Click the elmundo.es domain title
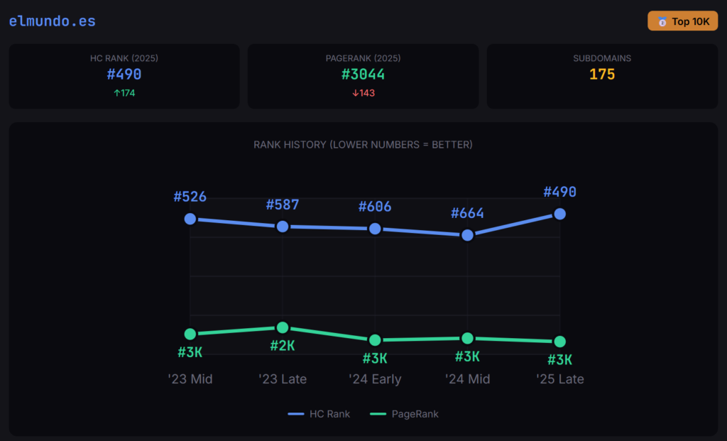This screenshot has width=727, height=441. click(x=52, y=21)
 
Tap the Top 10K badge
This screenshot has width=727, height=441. click(x=682, y=21)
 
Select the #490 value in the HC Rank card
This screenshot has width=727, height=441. click(x=124, y=75)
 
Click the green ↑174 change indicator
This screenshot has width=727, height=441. click(x=124, y=93)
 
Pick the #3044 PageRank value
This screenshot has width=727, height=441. click(x=363, y=75)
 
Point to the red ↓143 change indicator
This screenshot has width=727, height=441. click(x=363, y=93)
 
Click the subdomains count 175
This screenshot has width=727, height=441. click(x=602, y=75)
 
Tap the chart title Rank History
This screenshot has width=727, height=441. click(x=363, y=145)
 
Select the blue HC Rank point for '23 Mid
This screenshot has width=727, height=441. click(x=190, y=219)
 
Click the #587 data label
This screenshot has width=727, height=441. click(x=283, y=205)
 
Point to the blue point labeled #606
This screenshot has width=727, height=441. click(x=375, y=229)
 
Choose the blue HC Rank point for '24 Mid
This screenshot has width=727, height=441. click(x=467, y=235)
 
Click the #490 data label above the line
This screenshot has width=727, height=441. click(x=559, y=192)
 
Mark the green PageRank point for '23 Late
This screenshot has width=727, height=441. click(x=283, y=327)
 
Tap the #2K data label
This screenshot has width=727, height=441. click(x=283, y=346)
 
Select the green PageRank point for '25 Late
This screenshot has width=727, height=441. click(x=559, y=342)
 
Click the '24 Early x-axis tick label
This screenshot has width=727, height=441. click(x=375, y=379)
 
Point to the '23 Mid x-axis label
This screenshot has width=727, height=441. click(x=190, y=379)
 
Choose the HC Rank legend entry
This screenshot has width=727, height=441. click(x=319, y=414)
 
